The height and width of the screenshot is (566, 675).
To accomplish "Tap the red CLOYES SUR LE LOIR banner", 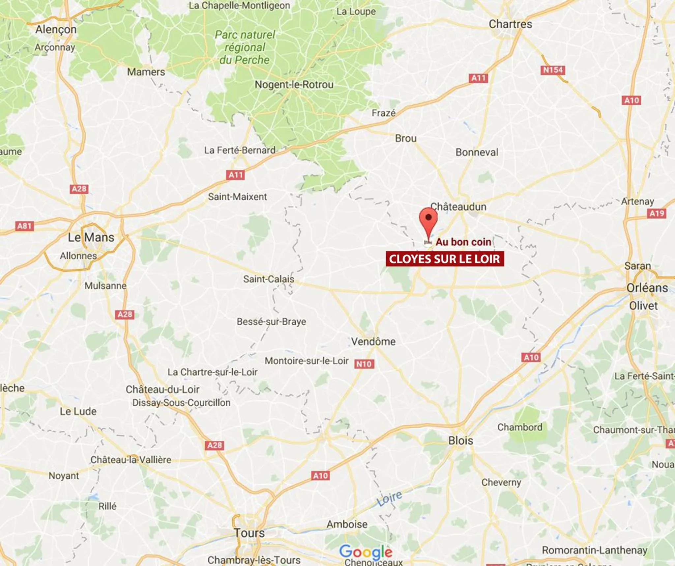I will point(445,259).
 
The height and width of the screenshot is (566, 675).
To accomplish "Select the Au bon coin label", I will point(463,242).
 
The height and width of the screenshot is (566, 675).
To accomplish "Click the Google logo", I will point(366,552).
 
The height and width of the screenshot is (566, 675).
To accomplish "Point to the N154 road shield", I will point(553,70).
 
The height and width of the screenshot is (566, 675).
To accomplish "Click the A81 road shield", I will point(24,226).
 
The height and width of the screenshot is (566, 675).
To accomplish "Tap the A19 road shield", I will point(657,213).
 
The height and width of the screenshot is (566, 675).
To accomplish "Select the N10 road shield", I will point(364,364).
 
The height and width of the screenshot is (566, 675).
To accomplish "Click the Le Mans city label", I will point(91,237).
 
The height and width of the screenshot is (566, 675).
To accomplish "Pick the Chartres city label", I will point(510,24).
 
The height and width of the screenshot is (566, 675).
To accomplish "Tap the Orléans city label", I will point(647,288).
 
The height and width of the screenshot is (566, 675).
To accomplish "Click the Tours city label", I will point(249,533).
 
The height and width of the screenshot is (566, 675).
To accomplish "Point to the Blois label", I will point(460,441).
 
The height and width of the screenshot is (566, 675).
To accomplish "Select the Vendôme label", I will point(373,341).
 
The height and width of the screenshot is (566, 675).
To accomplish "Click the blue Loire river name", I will point(389,498).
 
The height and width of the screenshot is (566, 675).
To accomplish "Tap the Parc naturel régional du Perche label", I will point(245,47).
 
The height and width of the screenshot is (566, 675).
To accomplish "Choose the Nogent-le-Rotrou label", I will point(294,85).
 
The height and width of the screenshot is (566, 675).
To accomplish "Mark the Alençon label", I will point(56,29).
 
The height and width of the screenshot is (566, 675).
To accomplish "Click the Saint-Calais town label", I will point(269,279).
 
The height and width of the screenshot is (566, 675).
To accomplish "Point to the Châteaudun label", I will point(458,207).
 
